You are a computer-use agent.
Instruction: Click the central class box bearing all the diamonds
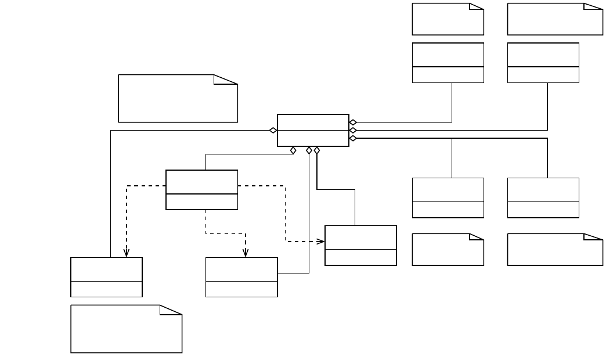(313, 130)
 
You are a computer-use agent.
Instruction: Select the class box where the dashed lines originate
(201, 189)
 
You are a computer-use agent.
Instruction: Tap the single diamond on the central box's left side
(273, 130)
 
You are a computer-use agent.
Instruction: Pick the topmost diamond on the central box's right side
(353, 123)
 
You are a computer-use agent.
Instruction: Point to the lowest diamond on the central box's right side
(353, 138)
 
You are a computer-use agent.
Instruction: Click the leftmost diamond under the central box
(294, 150)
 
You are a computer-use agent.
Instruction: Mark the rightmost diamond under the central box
(317, 150)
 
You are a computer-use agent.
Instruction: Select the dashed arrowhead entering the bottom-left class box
(127, 253)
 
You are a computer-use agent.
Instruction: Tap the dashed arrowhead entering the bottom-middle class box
(246, 253)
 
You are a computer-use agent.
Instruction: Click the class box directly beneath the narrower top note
(448, 62)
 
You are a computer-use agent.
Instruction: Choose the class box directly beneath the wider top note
(543, 62)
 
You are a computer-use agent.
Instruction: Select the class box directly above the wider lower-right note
(543, 197)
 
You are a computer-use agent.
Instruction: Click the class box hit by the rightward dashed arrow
(360, 245)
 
